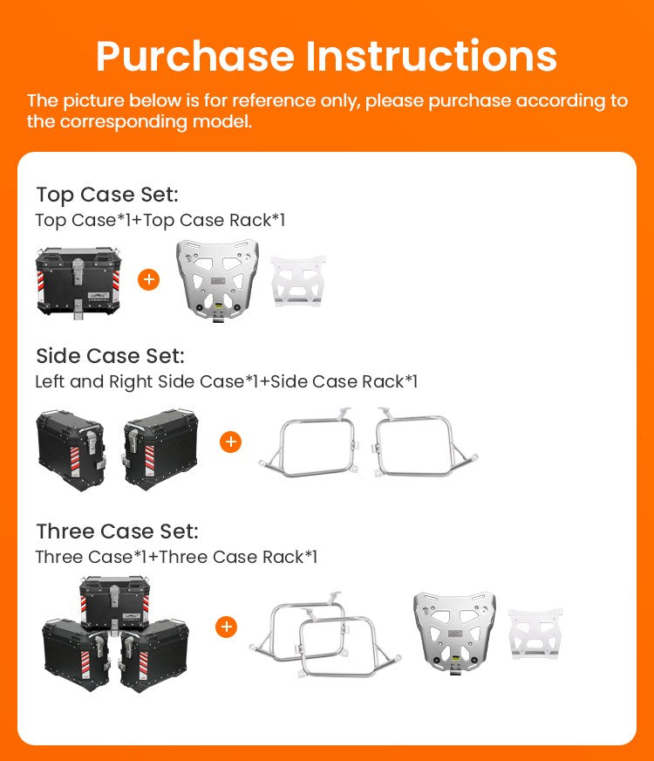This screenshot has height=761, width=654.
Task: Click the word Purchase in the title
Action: tap(195, 58)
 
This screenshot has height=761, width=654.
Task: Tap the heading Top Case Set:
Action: tap(107, 195)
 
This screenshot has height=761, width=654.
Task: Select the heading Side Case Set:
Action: tap(110, 356)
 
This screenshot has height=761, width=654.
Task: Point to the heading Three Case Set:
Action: tap(118, 532)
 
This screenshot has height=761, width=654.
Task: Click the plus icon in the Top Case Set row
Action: tap(149, 279)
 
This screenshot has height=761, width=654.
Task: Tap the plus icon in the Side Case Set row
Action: tap(231, 442)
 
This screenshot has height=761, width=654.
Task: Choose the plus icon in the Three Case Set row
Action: tap(226, 627)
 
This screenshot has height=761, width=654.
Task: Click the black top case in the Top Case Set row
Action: tap(78, 283)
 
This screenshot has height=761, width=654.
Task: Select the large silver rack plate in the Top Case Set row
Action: tap(217, 280)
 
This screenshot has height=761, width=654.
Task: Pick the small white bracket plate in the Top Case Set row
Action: tap(298, 281)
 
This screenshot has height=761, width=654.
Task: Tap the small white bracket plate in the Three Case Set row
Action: tap(535, 634)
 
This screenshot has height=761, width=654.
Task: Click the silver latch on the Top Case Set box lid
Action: tap(78, 271)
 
